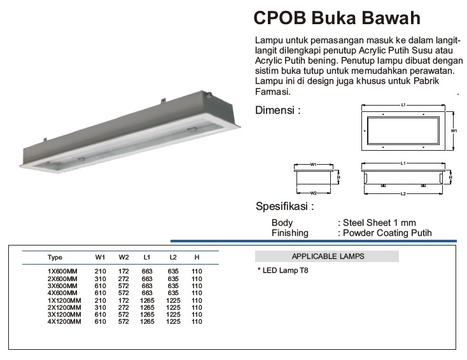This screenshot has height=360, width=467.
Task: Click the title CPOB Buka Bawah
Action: pyautogui.click(x=337, y=18)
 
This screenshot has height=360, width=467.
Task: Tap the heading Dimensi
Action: pyautogui.click(x=278, y=110)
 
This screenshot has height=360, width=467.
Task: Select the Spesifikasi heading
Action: pyautogui.click(x=285, y=206)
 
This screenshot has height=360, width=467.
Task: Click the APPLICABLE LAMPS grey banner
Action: pyautogui.click(x=327, y=256)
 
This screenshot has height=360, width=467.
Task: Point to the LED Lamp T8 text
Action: pyautogui.click(x=283, y=270)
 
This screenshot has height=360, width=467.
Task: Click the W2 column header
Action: pyautogui.click(x=123, y=257)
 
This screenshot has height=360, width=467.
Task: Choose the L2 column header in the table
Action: pyautogui.click(x=173, y=257)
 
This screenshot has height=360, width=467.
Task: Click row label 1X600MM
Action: pyautogui.click(x=62, y=271)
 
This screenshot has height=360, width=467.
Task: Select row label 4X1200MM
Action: pyautogui.click(x=64, y=322)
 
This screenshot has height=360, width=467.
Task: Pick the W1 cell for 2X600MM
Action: pyautogui.click(x=100, y=279)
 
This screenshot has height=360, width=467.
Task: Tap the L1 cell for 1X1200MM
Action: pyautogui.click(x=147, y=300)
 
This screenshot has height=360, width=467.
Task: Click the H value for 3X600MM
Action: pyautogui.click(x=197, y=286)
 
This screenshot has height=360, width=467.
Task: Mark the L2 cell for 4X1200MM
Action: pyautogui.click(x=173, y=322)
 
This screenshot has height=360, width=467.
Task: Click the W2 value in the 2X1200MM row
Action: pyautogui.click(x=123, y=308)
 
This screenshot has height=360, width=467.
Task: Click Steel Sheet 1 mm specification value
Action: pyautogui.click(x=379, y=223)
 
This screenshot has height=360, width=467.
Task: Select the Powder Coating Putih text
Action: pyautogui.click(x=387, y=233)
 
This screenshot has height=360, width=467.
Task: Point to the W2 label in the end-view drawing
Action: pyautogui.click(x=313, y=193)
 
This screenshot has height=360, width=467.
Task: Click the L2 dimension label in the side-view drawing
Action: pyautogui.click(x=403, y=193)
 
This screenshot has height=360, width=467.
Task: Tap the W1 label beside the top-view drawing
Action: pyautogui.click(x=454, y=131)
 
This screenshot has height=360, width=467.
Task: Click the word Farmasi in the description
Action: pyautogui.click(x=272, y=92)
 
